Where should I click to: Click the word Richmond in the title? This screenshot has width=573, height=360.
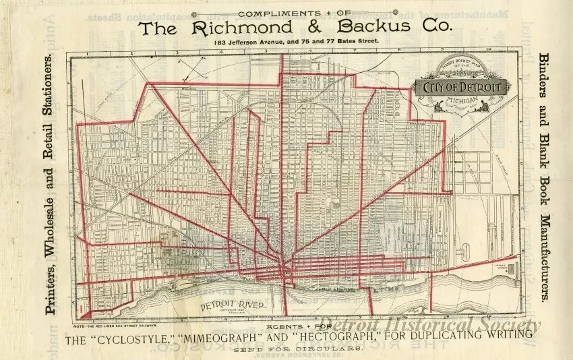(x=241, y=28)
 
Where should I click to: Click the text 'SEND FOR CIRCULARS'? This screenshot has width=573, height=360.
(x=297, y=349)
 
